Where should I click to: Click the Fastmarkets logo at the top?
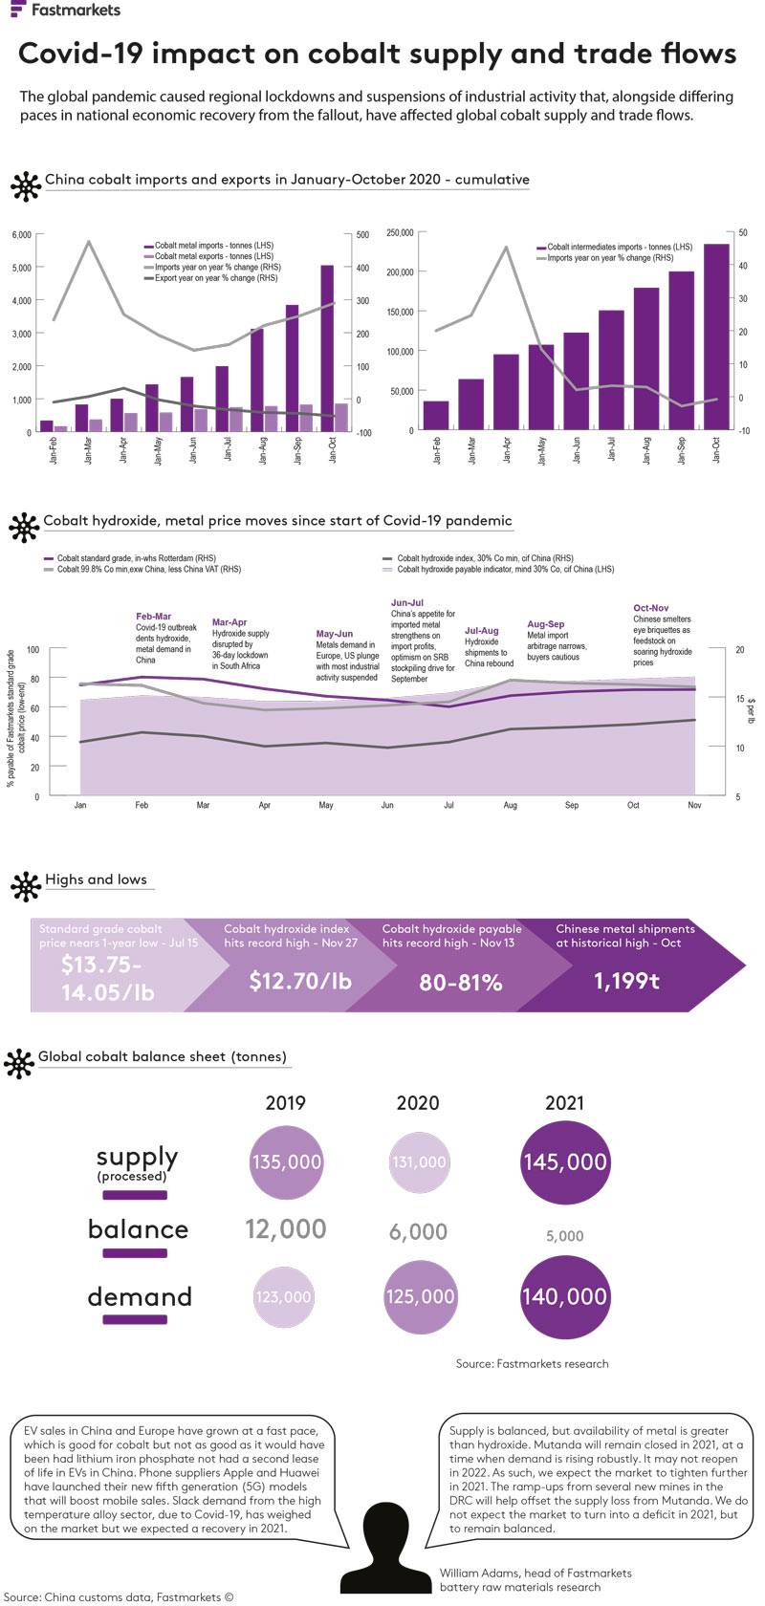[65, 11]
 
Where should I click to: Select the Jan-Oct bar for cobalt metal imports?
[327, 349]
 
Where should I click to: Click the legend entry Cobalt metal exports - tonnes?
[212, 256]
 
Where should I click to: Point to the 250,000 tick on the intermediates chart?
[399, 232]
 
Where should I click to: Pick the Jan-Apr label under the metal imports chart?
[122, 450]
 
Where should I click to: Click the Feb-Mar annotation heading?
[153, 617]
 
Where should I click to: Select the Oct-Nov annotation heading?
[650, 608]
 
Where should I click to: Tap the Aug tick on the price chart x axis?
[510, 806]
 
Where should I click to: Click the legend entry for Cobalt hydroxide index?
[484, 557]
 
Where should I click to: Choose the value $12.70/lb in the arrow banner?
[300, 981]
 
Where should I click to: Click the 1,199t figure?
[626, 981]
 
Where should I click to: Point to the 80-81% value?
[461, 983]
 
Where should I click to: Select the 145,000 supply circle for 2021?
[564, 1161]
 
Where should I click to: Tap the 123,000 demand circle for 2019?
[284, 1296]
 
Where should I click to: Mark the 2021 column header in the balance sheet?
[564, 1102]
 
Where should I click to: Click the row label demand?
[140, 1296]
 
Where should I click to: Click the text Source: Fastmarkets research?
[532, 1363]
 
